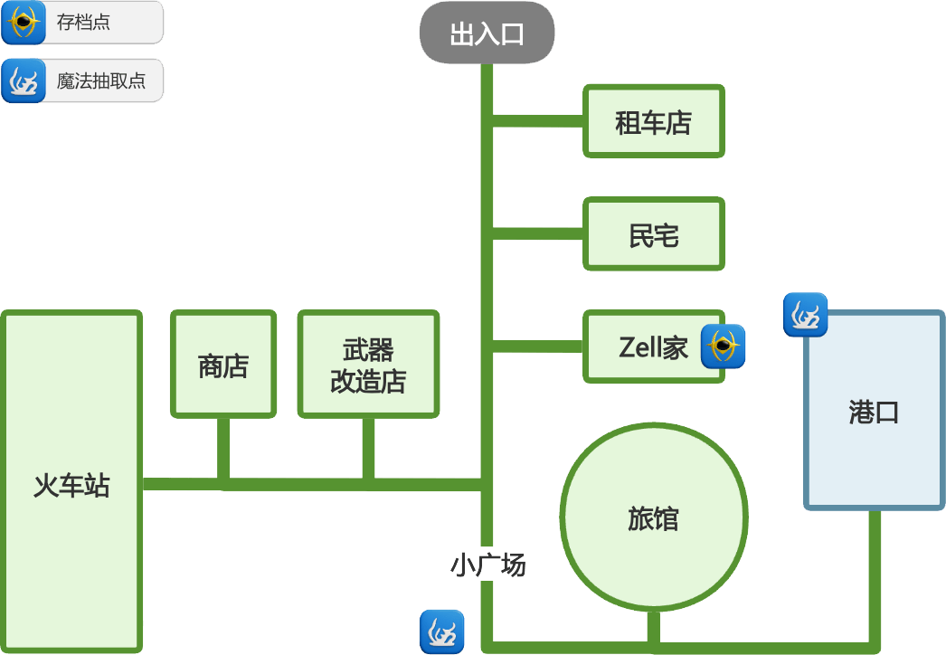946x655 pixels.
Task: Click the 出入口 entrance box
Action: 487,33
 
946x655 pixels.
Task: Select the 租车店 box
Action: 653,121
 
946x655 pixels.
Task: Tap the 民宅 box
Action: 653,234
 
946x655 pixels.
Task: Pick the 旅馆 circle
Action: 653,518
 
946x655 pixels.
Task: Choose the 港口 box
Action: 874,412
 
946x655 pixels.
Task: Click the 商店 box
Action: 223,365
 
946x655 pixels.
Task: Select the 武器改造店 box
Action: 368,365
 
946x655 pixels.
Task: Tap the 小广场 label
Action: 487,565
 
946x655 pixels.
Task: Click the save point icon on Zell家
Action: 724,346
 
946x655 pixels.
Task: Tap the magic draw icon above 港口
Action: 805,315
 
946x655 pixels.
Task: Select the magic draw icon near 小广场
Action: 442,631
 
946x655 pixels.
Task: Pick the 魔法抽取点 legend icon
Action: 24,81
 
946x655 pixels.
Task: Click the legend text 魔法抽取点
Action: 100,81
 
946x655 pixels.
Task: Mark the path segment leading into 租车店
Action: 538,121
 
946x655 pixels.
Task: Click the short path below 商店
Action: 223,448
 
